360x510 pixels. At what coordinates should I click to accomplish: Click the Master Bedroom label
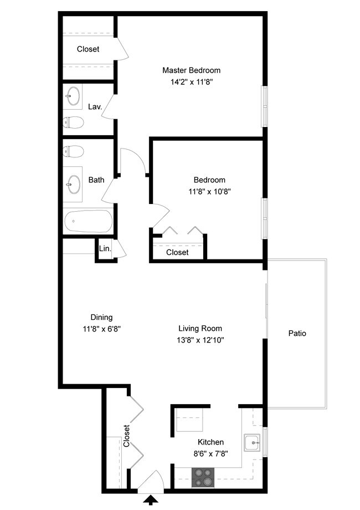pos(191,70)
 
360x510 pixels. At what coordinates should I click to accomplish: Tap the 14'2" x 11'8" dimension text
pos(191,81)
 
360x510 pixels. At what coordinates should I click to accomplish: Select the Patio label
pos(297,333)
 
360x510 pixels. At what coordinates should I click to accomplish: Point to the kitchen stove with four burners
pos(203,477)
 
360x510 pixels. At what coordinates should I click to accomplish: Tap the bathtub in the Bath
pos(88,221)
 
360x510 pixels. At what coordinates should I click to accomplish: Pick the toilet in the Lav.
pos(73,123)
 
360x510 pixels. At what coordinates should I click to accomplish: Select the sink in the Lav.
pos(72,96)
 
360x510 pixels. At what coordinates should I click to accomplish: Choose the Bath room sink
pos(73,184)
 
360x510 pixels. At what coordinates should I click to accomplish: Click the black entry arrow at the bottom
pos(150,500)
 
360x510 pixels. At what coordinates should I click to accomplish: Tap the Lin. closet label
pos(105,249)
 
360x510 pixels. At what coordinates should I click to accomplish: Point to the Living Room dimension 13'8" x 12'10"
pos(200,340)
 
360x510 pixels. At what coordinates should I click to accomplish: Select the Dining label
pos(101,317)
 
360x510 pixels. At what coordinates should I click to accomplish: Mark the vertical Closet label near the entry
pos(127,436)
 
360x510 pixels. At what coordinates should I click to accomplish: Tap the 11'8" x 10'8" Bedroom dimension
pos(209,191)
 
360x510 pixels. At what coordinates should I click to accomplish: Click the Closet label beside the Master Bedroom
pos(88,49)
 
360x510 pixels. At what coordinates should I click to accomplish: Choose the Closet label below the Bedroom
pos(177,252)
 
